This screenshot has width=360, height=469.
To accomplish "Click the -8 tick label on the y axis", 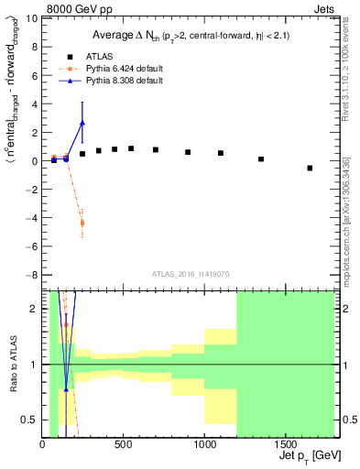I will pyautogui.click(x=33, y=275).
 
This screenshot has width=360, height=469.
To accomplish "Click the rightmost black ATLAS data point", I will pyautogui.click(x=310, y=168).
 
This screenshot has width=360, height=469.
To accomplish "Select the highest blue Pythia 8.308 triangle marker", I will pyautogui.click(x=82, y=122).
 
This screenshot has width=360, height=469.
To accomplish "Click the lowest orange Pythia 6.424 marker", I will pyautogui.click(x=82, y=223).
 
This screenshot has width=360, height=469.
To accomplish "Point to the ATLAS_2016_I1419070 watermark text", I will pyautogui.click(x=190, y=273).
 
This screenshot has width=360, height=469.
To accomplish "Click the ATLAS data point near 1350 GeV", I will pyautogui.click(x=261, y=159).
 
